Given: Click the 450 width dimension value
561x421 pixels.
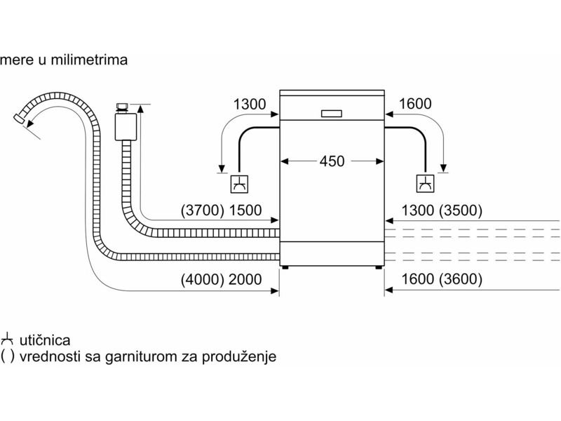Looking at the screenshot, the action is [x=332, y=161].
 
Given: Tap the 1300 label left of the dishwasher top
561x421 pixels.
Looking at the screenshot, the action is [x=250, y=104].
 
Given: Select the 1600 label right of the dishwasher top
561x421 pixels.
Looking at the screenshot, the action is [x=415, y=104].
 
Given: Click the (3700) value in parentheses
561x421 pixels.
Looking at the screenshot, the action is [x=203, y=210].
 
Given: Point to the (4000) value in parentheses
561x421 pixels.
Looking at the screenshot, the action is [x=203, y=279].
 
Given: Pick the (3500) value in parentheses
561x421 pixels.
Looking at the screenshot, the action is [x=461, y=210].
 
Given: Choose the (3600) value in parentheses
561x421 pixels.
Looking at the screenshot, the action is [x=461, y=279].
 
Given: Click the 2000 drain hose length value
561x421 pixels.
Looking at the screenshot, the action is [x=245, y=279].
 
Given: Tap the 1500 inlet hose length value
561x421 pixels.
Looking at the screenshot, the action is [x=245, y=210].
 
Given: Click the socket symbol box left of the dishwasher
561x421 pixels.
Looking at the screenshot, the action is [x=239, y=184].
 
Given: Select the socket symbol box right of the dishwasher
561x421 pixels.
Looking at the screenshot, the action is [x=426, y=184].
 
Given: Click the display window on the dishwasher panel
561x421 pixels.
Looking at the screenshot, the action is [x=332, y=114].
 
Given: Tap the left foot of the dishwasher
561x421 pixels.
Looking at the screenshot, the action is [x=285, y=267].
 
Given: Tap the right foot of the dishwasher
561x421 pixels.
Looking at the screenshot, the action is [x=379, y=267].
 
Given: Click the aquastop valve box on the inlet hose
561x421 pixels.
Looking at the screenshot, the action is [x=126, y=127].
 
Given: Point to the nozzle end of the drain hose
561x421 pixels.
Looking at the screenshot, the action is [x=19, y=118].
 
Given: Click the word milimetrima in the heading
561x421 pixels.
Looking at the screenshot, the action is [x=89, y=60].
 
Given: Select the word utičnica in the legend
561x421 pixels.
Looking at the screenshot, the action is [x=45, y=340].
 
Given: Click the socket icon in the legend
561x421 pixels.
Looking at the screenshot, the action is [x=7, y=339].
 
